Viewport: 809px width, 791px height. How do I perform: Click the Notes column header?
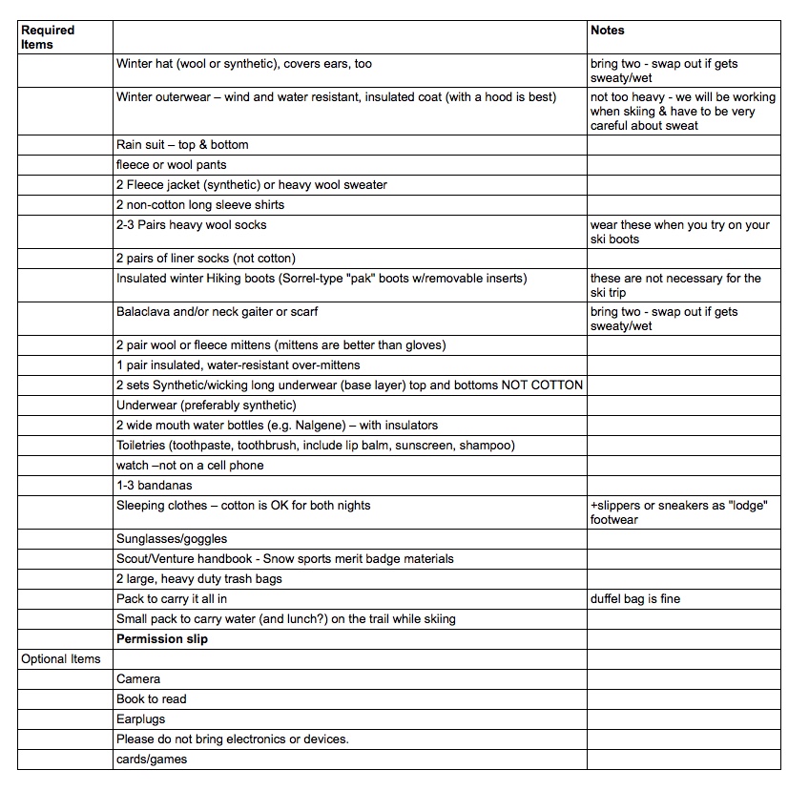coord(608,31)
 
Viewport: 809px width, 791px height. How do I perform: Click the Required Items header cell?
coord(48,37)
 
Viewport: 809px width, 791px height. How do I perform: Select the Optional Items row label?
coord(61,659)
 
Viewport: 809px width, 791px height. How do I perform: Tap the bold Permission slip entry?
coord(162,639)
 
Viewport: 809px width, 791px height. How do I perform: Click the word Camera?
coord(138,679)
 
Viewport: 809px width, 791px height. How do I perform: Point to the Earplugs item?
coord(142,719)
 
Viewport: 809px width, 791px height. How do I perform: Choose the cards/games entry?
coord(152,760)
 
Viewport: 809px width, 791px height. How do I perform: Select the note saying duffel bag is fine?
coord(635,599)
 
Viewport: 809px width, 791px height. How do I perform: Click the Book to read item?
coord(152,699)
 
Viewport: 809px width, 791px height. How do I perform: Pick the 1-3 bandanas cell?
coord(154,486)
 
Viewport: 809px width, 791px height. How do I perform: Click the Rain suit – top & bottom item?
coord(182,145)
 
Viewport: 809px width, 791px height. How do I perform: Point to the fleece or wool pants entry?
coord(172,165)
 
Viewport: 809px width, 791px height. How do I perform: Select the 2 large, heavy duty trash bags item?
coord(199,579)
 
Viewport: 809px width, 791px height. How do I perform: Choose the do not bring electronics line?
coord(233,739)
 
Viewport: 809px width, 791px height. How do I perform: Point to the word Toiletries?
coord(145,446)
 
